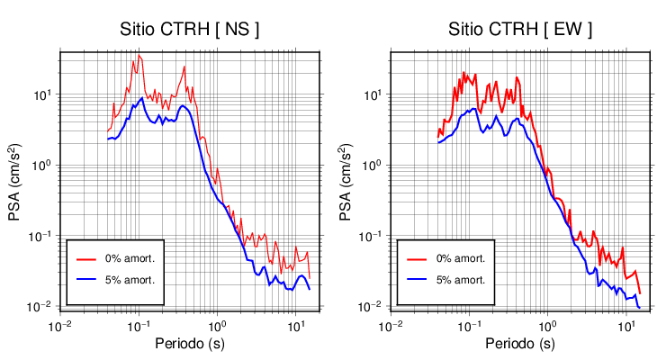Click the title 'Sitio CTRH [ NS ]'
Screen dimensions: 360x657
(x=190, y=30)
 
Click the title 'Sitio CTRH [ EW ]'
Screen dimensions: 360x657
(x=520, y=30)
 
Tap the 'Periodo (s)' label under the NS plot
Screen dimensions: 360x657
(x=190, y=345)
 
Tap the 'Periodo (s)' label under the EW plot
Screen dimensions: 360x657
(x=520, y=345)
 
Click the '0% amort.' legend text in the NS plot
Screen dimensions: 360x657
(x=130, y=258)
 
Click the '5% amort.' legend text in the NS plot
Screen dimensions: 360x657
(x=130, y=280)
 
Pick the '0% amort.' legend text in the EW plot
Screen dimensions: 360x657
(x=460, y=258)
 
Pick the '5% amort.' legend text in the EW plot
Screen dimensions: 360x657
(x=460, y=280)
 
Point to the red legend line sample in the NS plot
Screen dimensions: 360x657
(x=85, y=258)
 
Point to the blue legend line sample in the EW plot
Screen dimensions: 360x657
(x=416, y=280)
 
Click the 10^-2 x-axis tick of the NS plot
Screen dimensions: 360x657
(x=60, y=324)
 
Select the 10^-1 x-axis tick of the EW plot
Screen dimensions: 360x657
(x=468, y=324)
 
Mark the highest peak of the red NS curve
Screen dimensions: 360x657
(x=139, y=56)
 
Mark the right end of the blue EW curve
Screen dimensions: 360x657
(x=639, y=308)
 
